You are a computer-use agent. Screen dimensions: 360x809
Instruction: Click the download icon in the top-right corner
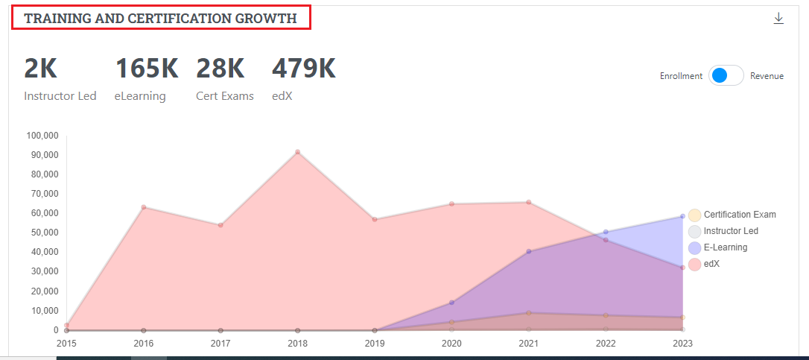pos(778,19)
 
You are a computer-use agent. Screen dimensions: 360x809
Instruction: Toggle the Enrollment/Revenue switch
pos(726,76)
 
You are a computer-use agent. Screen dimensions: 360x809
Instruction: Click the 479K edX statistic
pos(303,69)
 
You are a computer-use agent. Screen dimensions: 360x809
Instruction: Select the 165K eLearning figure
pos(147,69)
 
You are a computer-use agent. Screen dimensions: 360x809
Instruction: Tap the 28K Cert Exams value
pos(221,69)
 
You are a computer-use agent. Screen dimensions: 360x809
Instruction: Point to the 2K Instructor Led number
pos(40,69)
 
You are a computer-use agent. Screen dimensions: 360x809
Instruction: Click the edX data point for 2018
pos(297,152)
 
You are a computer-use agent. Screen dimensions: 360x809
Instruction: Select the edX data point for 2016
pos(144,207)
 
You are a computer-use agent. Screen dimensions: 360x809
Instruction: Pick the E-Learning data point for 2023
pos(682,216)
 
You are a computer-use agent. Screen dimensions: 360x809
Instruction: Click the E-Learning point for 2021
pos(529,252)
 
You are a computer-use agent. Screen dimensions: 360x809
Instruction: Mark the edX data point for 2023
pos(682,268)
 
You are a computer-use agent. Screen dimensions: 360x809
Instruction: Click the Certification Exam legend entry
pos(739,215)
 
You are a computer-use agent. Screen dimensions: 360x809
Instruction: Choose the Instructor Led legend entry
pos(730,231)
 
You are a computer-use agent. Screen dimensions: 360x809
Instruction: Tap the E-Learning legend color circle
pos(694,247)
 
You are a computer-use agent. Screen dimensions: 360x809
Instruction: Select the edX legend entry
pos(712,264)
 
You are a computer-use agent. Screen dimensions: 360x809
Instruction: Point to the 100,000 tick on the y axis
pos(42,136)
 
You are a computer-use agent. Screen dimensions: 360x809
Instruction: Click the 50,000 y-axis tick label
pos(44,233)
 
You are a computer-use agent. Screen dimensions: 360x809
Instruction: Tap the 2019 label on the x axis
pos(375,344)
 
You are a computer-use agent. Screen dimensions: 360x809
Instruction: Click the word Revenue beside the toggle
pos(767,76)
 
